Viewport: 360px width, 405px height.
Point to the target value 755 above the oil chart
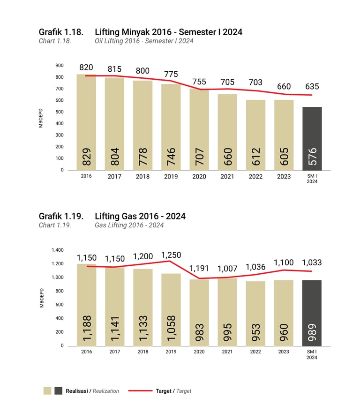(199, 82)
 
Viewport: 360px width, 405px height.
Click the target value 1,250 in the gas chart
(171, 255)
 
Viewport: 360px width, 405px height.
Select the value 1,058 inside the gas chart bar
(171, 328)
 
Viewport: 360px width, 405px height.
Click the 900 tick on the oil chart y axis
(59, 66)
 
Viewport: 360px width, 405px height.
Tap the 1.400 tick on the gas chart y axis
(57, 250)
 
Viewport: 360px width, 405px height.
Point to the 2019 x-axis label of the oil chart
(171, 177)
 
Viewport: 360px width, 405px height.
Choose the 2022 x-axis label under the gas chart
(255, 352)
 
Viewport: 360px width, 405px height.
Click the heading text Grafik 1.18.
(61, 32)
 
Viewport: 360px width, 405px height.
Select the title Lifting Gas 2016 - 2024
(140, 216)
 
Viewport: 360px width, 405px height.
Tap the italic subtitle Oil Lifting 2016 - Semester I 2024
(144, 41)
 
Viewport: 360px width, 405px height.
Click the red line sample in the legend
(140, 390)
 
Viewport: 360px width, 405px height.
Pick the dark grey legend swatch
(58, 390)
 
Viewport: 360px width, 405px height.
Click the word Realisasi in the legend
(78, 391)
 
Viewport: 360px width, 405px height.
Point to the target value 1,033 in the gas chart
(312, 262)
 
